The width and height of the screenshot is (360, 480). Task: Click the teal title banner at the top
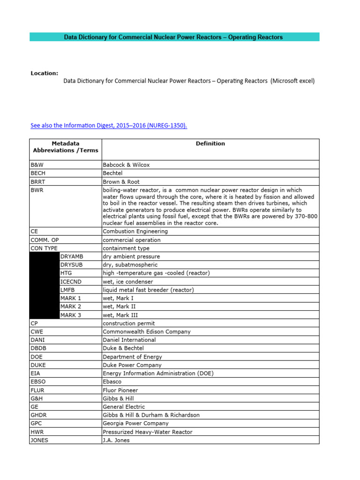coord(174,37)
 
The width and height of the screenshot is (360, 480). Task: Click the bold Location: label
coord(45,73)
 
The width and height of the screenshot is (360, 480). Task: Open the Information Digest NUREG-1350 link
coord(109,126)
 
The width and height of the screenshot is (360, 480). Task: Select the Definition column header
coord(210,144)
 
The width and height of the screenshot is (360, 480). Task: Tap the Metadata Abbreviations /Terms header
coord(66,147)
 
